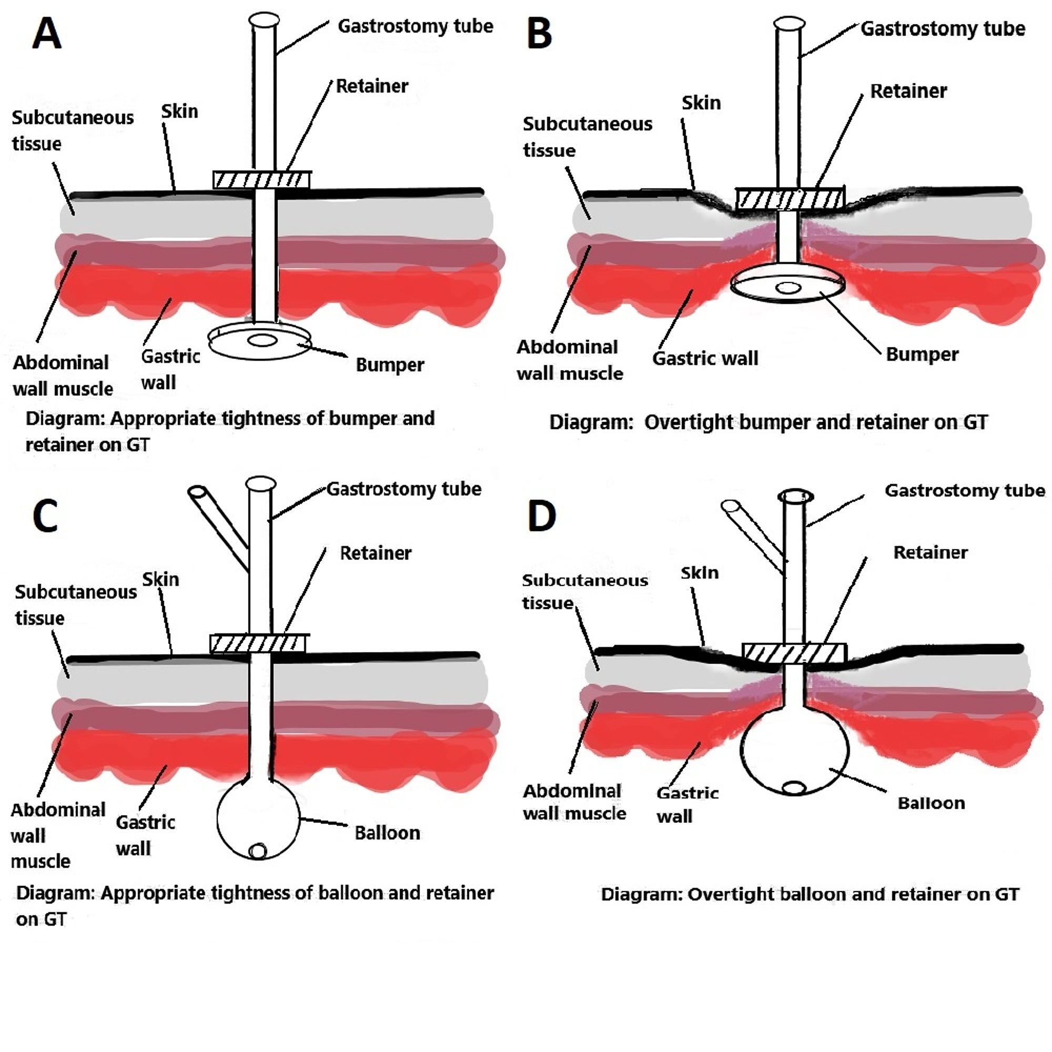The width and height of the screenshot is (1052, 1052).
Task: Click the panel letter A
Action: click(46, 34)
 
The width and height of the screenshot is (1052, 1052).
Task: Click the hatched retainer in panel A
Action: click(262, 180)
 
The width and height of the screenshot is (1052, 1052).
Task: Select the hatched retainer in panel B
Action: click(790, 199)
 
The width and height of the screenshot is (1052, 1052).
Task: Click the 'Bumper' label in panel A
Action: click(389, 365)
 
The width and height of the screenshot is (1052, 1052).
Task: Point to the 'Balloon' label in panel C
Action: click(387, 833)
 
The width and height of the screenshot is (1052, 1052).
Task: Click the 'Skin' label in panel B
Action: click(701, 103)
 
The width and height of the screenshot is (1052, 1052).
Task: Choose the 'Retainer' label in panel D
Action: click(930, 553)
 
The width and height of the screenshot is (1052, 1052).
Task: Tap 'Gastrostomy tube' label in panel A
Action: click(416, 26)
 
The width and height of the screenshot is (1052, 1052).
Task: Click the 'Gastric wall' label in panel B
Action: click(705, 358)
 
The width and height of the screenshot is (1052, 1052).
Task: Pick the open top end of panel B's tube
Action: click(789, 24)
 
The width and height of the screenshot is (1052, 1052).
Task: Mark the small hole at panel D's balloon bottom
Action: click(793, 788)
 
